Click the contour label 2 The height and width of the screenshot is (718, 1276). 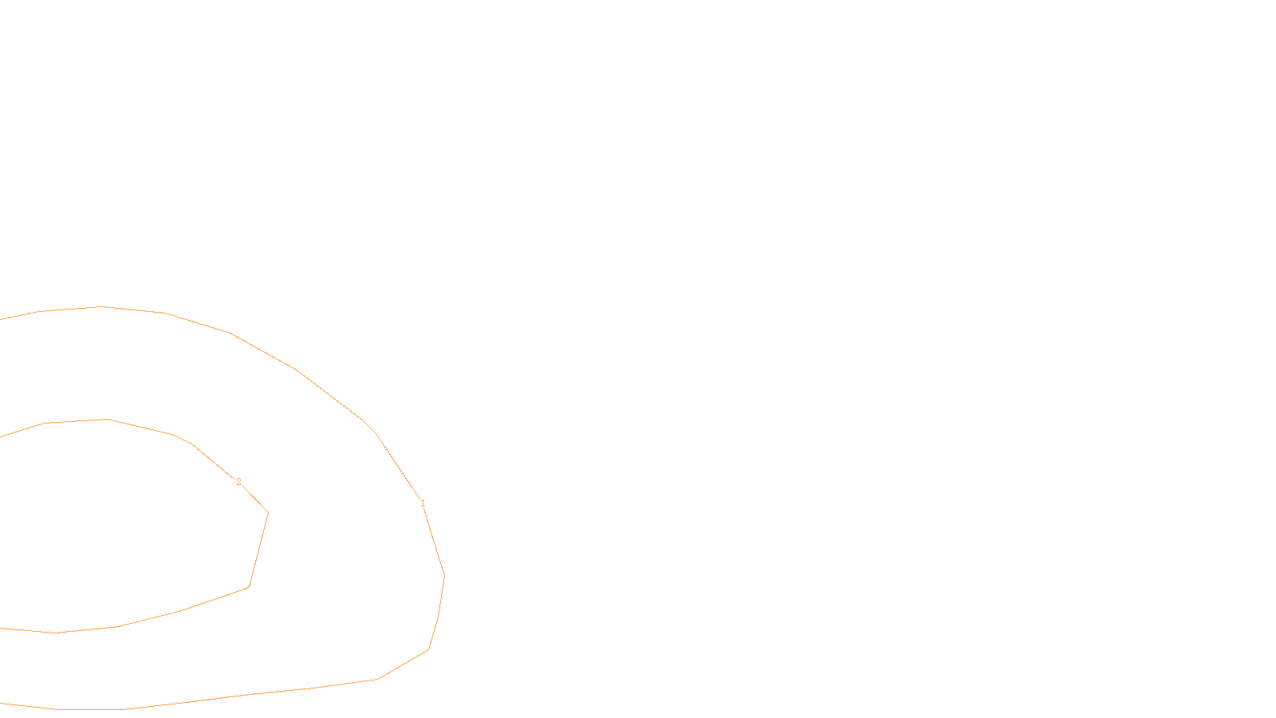pos(238,482)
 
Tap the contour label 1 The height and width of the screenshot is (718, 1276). pos(423,503)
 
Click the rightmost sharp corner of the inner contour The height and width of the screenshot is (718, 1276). pos(268,513)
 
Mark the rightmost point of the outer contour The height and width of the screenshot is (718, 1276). pos(444,576)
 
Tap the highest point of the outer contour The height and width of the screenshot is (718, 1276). pos(101,306)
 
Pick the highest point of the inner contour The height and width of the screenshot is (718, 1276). pos(106,419)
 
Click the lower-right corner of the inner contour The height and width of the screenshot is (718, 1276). pos(249,587)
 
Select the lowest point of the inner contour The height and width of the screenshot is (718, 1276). pos(54,633)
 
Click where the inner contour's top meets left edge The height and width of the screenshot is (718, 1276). pos(1,436)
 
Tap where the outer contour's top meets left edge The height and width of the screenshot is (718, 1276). pos(1,319)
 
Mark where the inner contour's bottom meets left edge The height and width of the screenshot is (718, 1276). pos(1,628)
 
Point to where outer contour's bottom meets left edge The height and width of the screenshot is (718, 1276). pos(1,703)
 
